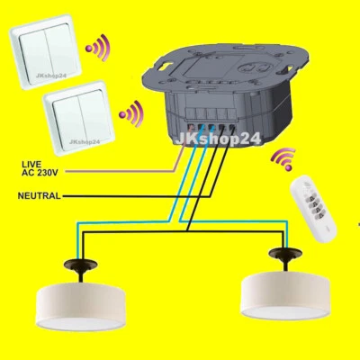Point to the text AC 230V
[40, 173]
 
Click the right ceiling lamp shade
[284, 292]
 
